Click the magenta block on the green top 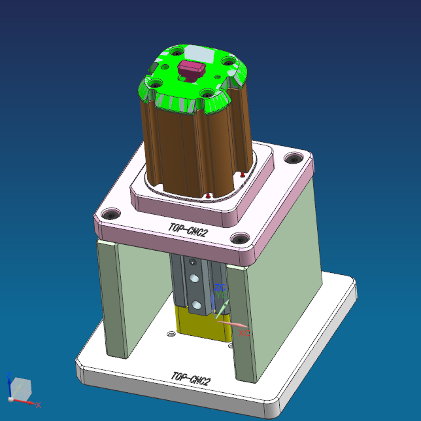pos(192,68)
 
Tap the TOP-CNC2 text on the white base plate pos(190,378)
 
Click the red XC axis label pos(244,333)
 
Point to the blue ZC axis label pos(220,287)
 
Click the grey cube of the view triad pos(21,388)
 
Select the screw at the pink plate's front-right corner pos(241,240)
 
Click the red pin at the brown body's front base pos(208,195)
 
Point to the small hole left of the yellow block pos(171,334)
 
